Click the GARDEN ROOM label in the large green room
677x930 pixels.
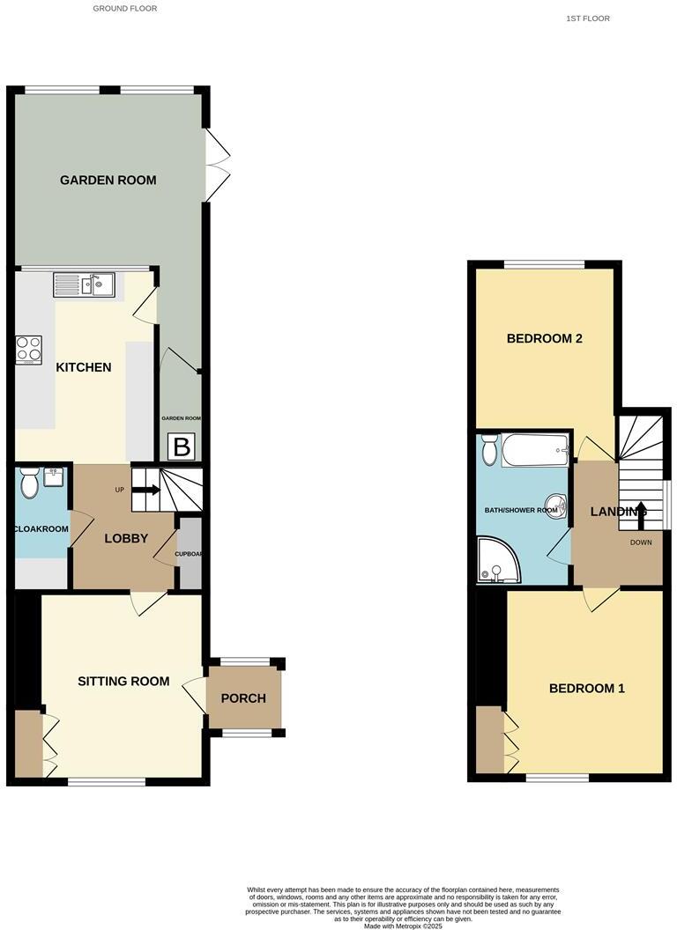[108, 181]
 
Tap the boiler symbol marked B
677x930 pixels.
[182, 447]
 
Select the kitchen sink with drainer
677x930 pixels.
[85, 284]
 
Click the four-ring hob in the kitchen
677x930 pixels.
[29, 350]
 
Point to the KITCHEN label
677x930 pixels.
[84, 367]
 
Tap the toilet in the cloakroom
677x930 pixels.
[29, 483]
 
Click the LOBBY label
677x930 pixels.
[126, 539]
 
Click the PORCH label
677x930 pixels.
[243, 698]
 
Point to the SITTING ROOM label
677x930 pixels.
[123, 681]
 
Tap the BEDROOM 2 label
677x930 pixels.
[544, 338]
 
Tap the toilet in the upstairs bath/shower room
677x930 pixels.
[490, 451]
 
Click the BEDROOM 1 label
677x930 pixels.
[586, 689]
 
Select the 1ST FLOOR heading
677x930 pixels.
[589, 18]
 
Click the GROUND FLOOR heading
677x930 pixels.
[125, 9]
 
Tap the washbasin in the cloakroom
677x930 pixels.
[54, 477]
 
